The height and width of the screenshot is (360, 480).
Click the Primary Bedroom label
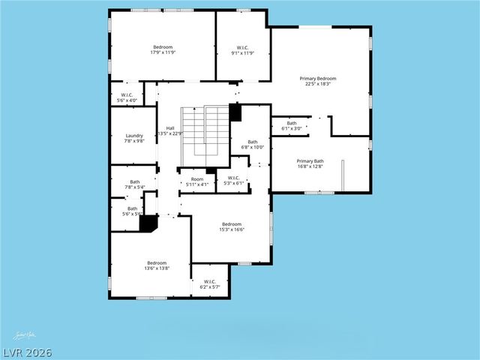pyautogui.click(x=317, y=81)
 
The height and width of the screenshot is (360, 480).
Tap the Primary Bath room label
pyautogui.click(x=310, y=164)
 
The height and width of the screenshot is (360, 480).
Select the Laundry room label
pyautogui.click(x=134, y=139)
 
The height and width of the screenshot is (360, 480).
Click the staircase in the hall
pyautogui.click(x=205, y=130)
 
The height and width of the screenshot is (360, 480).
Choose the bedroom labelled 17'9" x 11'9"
pyautogui.click(x=163, y=49)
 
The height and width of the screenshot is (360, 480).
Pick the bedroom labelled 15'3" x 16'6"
pyautogui.click(x=232, y=226)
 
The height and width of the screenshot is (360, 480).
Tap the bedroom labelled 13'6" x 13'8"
pyautogui.click(x=157, y=265)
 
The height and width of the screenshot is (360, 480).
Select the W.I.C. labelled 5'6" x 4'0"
pyautogui.click(x=127, y=97)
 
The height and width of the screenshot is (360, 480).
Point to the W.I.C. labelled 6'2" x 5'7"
pyautogui.click(x=209, y=283)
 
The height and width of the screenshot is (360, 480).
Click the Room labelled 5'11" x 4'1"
pyautogui.click(x=197, y=181)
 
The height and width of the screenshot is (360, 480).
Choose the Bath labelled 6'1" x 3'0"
pyautogui.click(x=292, y=126)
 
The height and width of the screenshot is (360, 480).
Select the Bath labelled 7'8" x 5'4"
pyautogui.click(x=135, y=184)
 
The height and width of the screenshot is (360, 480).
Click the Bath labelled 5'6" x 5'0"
pyautogui.click(x=132, y=211)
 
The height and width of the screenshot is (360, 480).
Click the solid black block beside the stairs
pyautogui.click(x=235, y=112)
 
